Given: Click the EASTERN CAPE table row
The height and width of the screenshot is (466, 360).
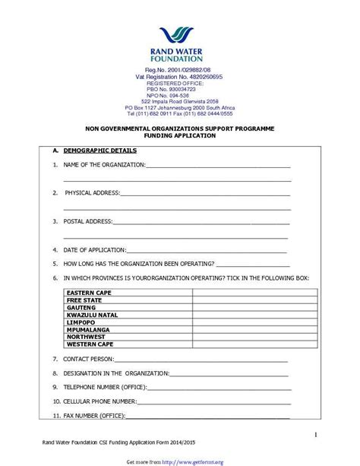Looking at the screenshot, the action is coord(89,293).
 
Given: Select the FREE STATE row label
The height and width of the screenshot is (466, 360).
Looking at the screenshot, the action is coord(84,300).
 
